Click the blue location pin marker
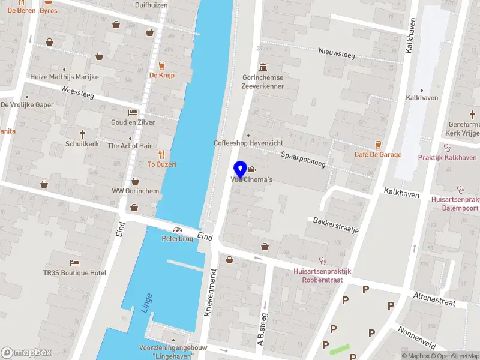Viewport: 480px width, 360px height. click(x=241, y=169)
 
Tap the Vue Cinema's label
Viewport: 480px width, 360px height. click(x=253, y=180)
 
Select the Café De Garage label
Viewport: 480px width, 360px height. click(x=377, y=155)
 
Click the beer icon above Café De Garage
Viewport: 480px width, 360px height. click(x=377, y=144)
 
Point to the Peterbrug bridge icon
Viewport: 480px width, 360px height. click(x=177, y=230)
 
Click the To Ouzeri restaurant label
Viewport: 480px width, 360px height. click(x=162, y=164)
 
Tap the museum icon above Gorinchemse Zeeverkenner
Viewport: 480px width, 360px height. click(x=262, y=67)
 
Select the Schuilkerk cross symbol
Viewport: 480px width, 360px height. click(x=83, y=134)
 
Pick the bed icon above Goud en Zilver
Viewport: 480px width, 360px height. click(x=133, y=112)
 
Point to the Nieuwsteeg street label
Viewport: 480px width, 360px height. click(x=337, y=54)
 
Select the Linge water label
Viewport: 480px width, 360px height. click(x=146, y=303)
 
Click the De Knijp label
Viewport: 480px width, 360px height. click(x=161, y=76)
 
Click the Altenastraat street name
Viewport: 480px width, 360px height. click(x=435, y=298)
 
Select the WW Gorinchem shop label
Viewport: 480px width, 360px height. click(x=135, y=191)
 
